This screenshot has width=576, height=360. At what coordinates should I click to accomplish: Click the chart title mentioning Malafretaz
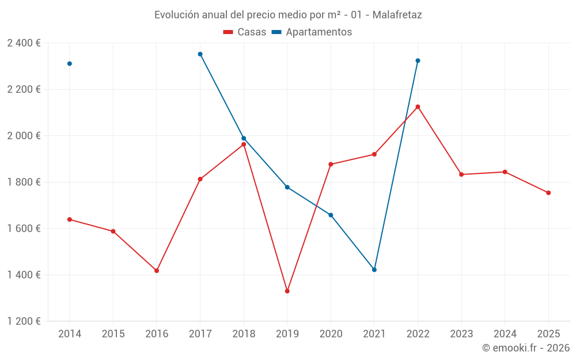pyautogui.click(x=288, y=15)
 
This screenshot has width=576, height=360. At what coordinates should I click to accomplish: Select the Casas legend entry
pyautogui.click(x=245, y=32)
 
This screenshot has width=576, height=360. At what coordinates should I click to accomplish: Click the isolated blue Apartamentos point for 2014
pyautogui.click(x=70, y=64)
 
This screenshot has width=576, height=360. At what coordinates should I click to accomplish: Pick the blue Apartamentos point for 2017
pyautogui.click(x=200, y=54)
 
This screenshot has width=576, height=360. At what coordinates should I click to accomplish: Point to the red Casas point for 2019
pyautogui.click(x=287, y=291)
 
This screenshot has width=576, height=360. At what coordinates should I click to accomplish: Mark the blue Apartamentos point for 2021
pyautogui.click(x=374, y=270)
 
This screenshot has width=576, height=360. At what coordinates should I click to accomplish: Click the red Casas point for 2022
pyautogui.click(x=418, y=107)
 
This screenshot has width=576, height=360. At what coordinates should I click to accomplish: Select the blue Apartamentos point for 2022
pyautogui.click(x=418, y=60)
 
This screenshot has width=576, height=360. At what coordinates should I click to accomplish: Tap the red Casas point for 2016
pyautogui.click(x=157, y=271)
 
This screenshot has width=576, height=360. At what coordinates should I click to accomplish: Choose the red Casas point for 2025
pyautogui.click(x=548, y=193)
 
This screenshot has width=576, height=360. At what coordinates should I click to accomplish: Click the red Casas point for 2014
pyautogui.click(x=70, y=219)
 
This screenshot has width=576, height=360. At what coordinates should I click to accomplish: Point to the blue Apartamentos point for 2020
pyautogui.click(x=331, y=215)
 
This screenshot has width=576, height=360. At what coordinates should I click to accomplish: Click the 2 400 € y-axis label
pyautogui.click(x=24, y=43)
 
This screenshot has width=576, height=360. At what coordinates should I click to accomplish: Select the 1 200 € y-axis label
pyautogui.click(x=24, y=321)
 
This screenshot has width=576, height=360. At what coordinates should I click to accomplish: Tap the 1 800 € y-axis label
pyautogui.click(x=24, y=182)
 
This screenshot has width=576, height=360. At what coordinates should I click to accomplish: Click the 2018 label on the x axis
pyautogui.click(x=244, y=334)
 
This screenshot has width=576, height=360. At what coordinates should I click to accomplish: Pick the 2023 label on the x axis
pyautogui.click(x=461, y=334)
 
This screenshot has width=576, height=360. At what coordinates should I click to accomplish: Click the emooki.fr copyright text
pyautogui.click(x=525, y=348)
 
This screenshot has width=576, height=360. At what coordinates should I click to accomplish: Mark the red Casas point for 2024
pyautogui.click(x=505, y=172)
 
